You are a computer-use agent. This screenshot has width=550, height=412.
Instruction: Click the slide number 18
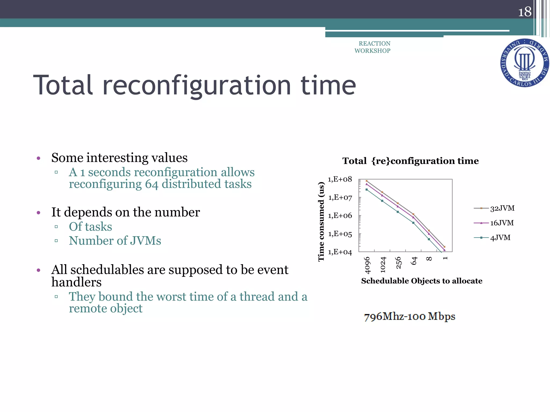tap(524, 12)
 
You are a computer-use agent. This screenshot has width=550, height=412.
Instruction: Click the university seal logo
tap(524, 63)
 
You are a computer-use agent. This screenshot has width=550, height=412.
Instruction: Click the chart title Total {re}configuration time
tap(410, 161)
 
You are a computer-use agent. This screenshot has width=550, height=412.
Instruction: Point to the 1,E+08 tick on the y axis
tap(340, 179)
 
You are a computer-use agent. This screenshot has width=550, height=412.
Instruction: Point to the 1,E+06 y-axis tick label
tap(340, 216)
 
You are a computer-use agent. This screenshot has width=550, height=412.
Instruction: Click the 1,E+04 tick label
tap(340, 252)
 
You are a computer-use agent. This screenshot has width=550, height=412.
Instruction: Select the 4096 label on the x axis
tap(367, 265)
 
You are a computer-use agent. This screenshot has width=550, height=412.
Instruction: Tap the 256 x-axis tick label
tap(399, 263)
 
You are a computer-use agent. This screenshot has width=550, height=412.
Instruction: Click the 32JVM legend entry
tap(502, 208)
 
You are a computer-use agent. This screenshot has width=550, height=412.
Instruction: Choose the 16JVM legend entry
tap(501, 223)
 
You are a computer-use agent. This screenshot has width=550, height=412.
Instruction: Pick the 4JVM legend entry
tap(500, 238)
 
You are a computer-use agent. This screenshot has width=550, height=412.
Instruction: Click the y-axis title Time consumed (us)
tap(321, 221)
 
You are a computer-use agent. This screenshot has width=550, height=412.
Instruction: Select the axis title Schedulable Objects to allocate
tap(422, 281)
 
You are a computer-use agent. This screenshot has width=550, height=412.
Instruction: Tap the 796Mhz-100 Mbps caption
tap(410, 317)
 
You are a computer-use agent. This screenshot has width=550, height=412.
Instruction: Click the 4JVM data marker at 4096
tap(367, 190)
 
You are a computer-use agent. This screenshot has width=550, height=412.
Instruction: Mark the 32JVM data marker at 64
tap(413, 214)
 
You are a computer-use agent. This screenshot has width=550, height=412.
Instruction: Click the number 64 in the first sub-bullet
tap(152, 184)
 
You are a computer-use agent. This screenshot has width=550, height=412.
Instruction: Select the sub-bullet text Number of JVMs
tap(115, 241)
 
